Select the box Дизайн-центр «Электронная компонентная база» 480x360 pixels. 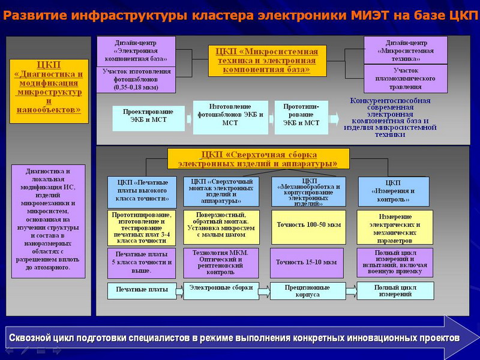(136, 51)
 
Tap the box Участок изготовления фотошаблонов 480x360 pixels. (136, 79)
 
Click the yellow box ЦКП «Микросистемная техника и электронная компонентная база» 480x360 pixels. (268, 60)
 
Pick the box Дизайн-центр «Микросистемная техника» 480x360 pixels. (406, 51)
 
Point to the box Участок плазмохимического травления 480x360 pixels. (406, 79)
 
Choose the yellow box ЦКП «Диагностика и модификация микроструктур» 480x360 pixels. (49, 91)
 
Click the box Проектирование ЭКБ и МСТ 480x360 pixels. (148, 118)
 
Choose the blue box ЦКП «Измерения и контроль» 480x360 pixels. (394, 191)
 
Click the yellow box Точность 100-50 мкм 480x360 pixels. (308, 226)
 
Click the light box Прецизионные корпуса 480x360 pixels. (307, 291)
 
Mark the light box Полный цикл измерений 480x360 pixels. (395, 290)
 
